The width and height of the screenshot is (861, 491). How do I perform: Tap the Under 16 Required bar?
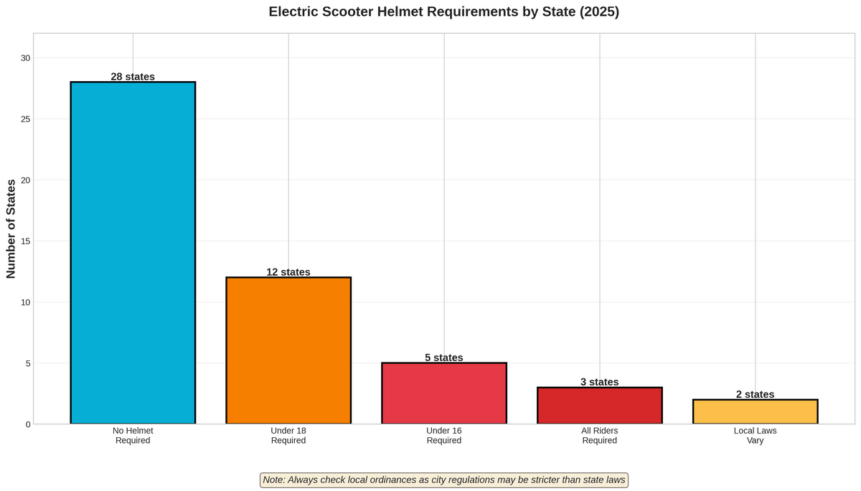[444, 393]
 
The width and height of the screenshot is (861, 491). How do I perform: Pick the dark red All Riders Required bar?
[599, 406]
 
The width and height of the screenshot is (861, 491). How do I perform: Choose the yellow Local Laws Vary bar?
[755, 411]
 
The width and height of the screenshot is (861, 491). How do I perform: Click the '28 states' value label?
[133, 77]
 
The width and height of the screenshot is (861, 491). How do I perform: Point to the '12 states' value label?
[288, 272]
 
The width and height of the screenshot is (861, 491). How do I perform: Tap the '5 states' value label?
[444, 357]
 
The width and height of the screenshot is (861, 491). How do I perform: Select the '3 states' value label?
[599, 382]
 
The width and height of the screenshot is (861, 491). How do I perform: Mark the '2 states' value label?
[755, 394]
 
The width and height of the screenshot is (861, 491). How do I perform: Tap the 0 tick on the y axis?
[28, 424]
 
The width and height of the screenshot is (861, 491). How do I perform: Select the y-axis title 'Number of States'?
[11, 229]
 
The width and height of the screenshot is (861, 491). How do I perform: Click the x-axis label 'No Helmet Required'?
[133, 436]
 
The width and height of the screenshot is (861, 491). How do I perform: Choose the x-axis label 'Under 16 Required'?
[444, 436]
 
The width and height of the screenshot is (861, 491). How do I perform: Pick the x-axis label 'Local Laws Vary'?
[755, 436]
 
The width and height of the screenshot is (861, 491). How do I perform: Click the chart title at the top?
[443, 12]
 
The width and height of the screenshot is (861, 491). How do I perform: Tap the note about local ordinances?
[443, 480]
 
